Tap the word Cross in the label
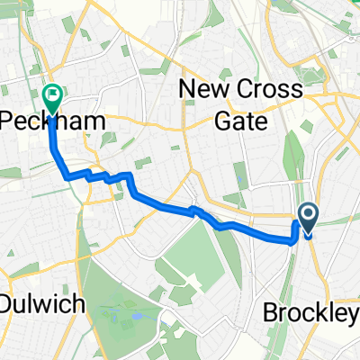pyautogui.click(x=267, y=88)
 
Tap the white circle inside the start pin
pyautogui.click(x=308, y=213)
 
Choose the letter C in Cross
pyautogui.click(x=244, y=88)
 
